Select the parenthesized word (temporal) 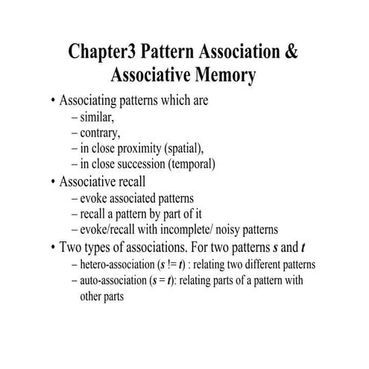(192, 163)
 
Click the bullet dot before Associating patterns (52, 101)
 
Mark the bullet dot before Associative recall (52, 181)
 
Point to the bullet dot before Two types (52, 247)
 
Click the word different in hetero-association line (258, 265)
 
